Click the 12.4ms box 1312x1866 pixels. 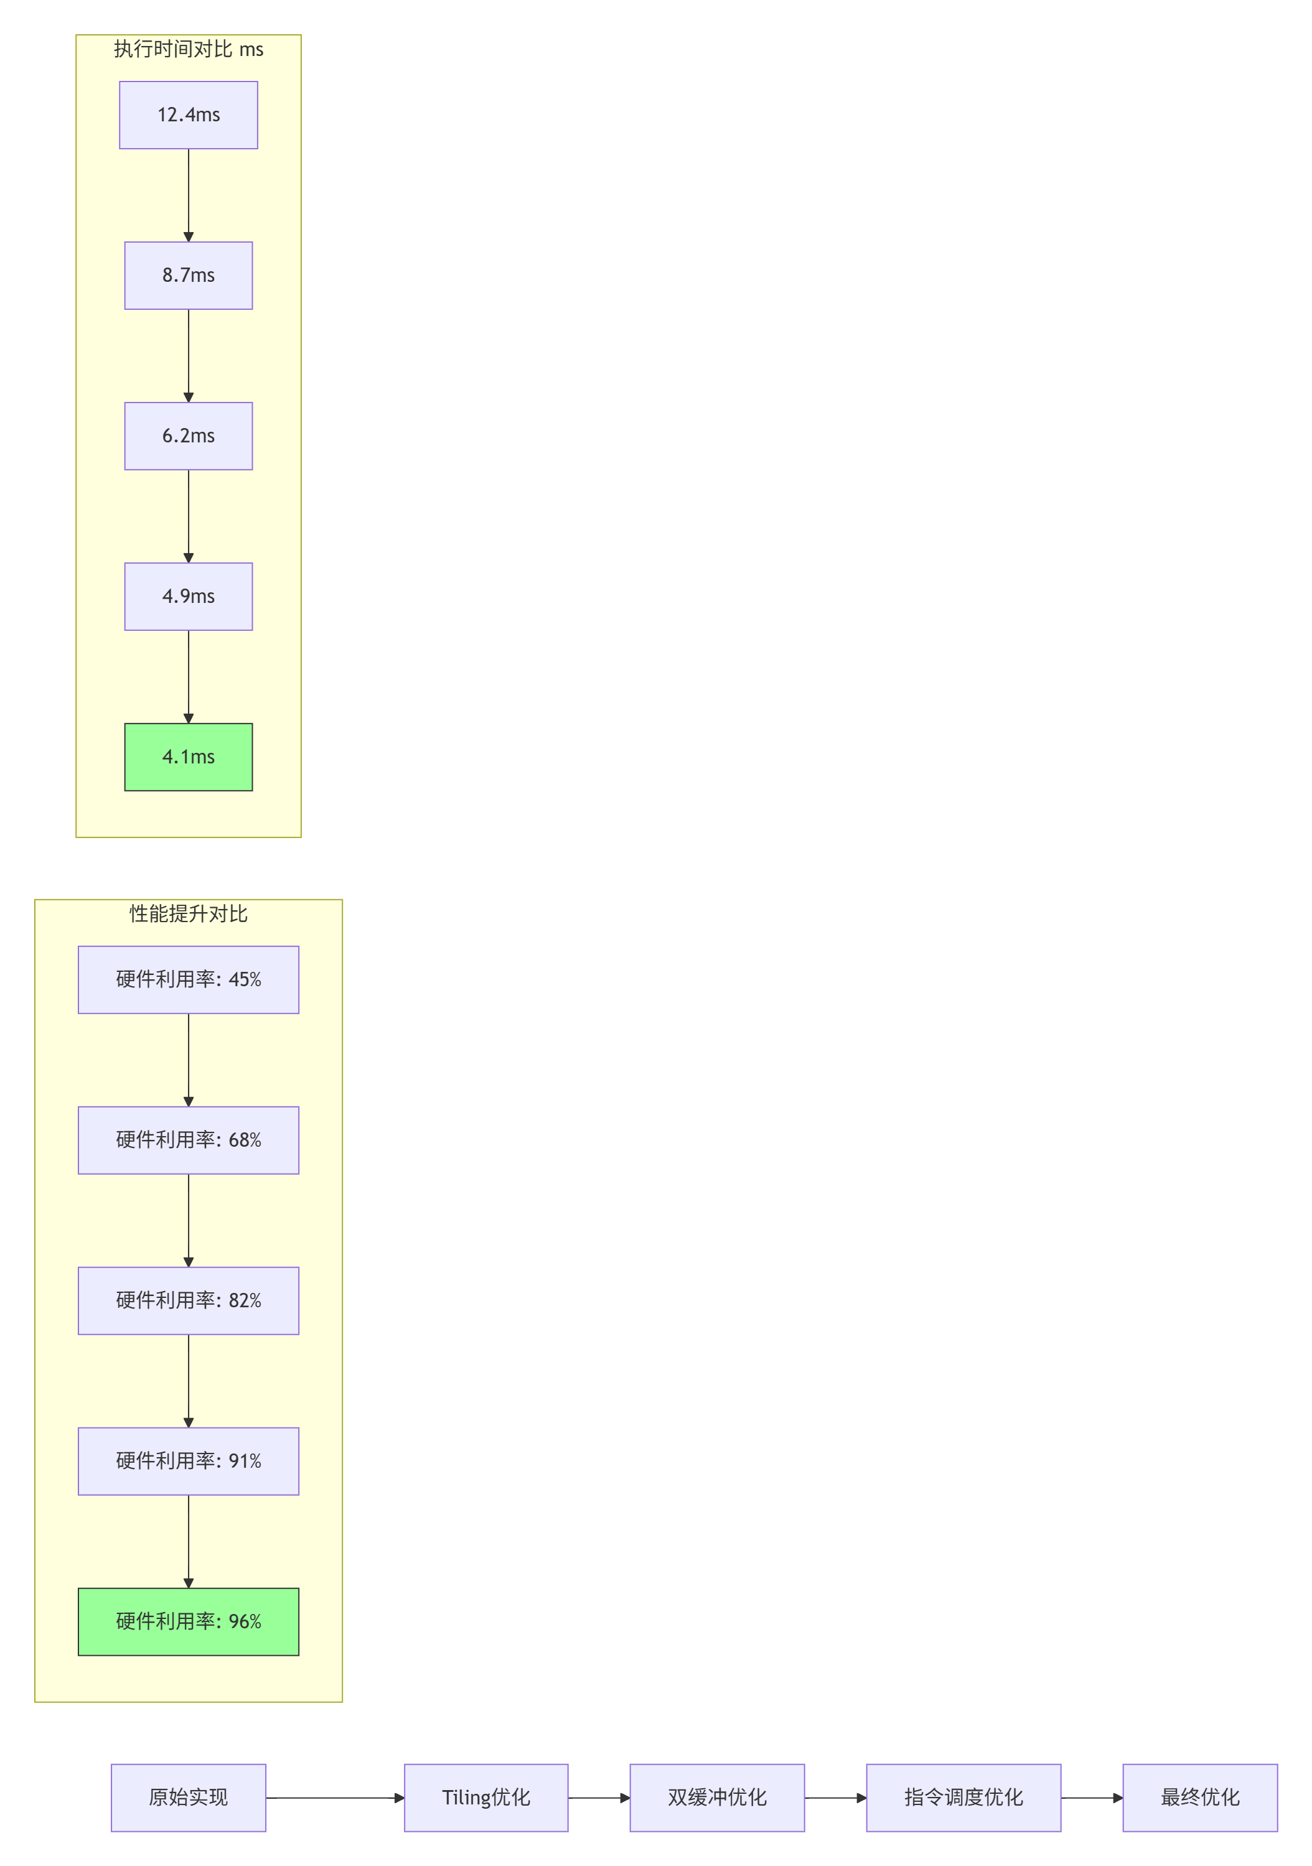[189, 114]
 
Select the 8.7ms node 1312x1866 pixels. [189, 276]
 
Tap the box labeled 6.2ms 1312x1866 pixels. [189, 436]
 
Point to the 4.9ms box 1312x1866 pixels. [189, 597]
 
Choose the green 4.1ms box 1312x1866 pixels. [189, 757]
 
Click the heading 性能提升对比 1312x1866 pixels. [189, 914]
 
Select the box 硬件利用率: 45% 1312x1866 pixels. [189, 979]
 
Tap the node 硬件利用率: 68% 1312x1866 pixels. [189, 1141]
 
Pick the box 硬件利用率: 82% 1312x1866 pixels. [189, 1300]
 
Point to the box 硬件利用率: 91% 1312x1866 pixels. [189, 1462]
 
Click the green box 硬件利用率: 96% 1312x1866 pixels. [189, 1621]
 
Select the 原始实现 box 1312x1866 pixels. [189, 1798]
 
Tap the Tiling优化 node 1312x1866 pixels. [486, 1798]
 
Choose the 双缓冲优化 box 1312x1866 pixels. [717, 1798]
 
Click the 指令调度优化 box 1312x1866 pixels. [963, 1798]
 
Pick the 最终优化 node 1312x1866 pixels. [1200, 1798]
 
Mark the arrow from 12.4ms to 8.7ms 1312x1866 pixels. [189, 195]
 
